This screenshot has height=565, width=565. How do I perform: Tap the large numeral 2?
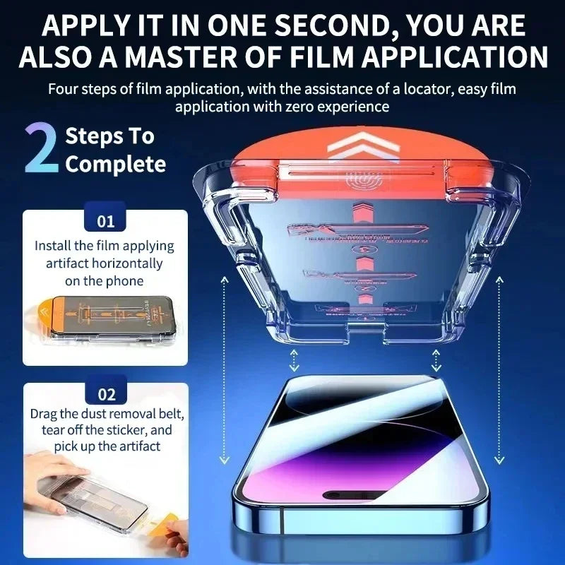(41, 149)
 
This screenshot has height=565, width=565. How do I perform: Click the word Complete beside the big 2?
(115, 165)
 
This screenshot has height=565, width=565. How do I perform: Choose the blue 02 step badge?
(105, 394)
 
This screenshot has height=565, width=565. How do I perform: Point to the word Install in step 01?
(55, 246)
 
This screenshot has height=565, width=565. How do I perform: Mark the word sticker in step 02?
(132, 429)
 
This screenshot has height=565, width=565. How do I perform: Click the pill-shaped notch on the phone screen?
(354, 495)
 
